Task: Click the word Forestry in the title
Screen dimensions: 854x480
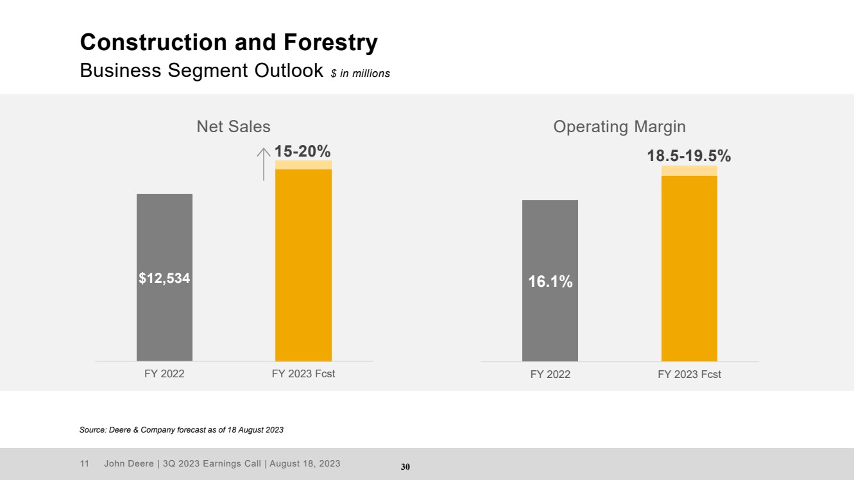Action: coord(330,42)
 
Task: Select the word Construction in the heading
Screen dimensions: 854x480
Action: coord(153,42)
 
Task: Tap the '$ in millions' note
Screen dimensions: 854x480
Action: coord(361,73)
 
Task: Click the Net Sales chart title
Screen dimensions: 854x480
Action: coord(234,126)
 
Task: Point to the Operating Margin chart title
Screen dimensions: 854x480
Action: coord(620,127)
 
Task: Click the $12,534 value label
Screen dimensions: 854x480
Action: coord(164,279)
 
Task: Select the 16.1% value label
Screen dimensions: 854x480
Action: coord(550,282)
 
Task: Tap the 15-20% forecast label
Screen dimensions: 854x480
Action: coord(302,151)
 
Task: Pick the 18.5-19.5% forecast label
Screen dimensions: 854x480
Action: coord(689,155)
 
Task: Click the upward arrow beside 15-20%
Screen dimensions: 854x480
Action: coord(264,164)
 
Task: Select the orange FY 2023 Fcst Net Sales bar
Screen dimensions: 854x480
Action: coord(303,265)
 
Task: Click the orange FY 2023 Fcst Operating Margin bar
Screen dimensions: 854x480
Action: coord(689,268)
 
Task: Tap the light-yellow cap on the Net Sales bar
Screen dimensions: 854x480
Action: coord(303,165)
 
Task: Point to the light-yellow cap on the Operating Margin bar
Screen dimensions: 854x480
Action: coord(689,171)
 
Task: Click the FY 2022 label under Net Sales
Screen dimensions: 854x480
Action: coord(164,373)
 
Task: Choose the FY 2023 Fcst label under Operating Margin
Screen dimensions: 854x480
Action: coord(689,374)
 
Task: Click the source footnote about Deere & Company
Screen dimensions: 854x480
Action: coord(182,430)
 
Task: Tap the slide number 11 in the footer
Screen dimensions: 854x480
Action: coord(84,463)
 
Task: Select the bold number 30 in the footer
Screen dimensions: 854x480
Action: coord(406,467)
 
